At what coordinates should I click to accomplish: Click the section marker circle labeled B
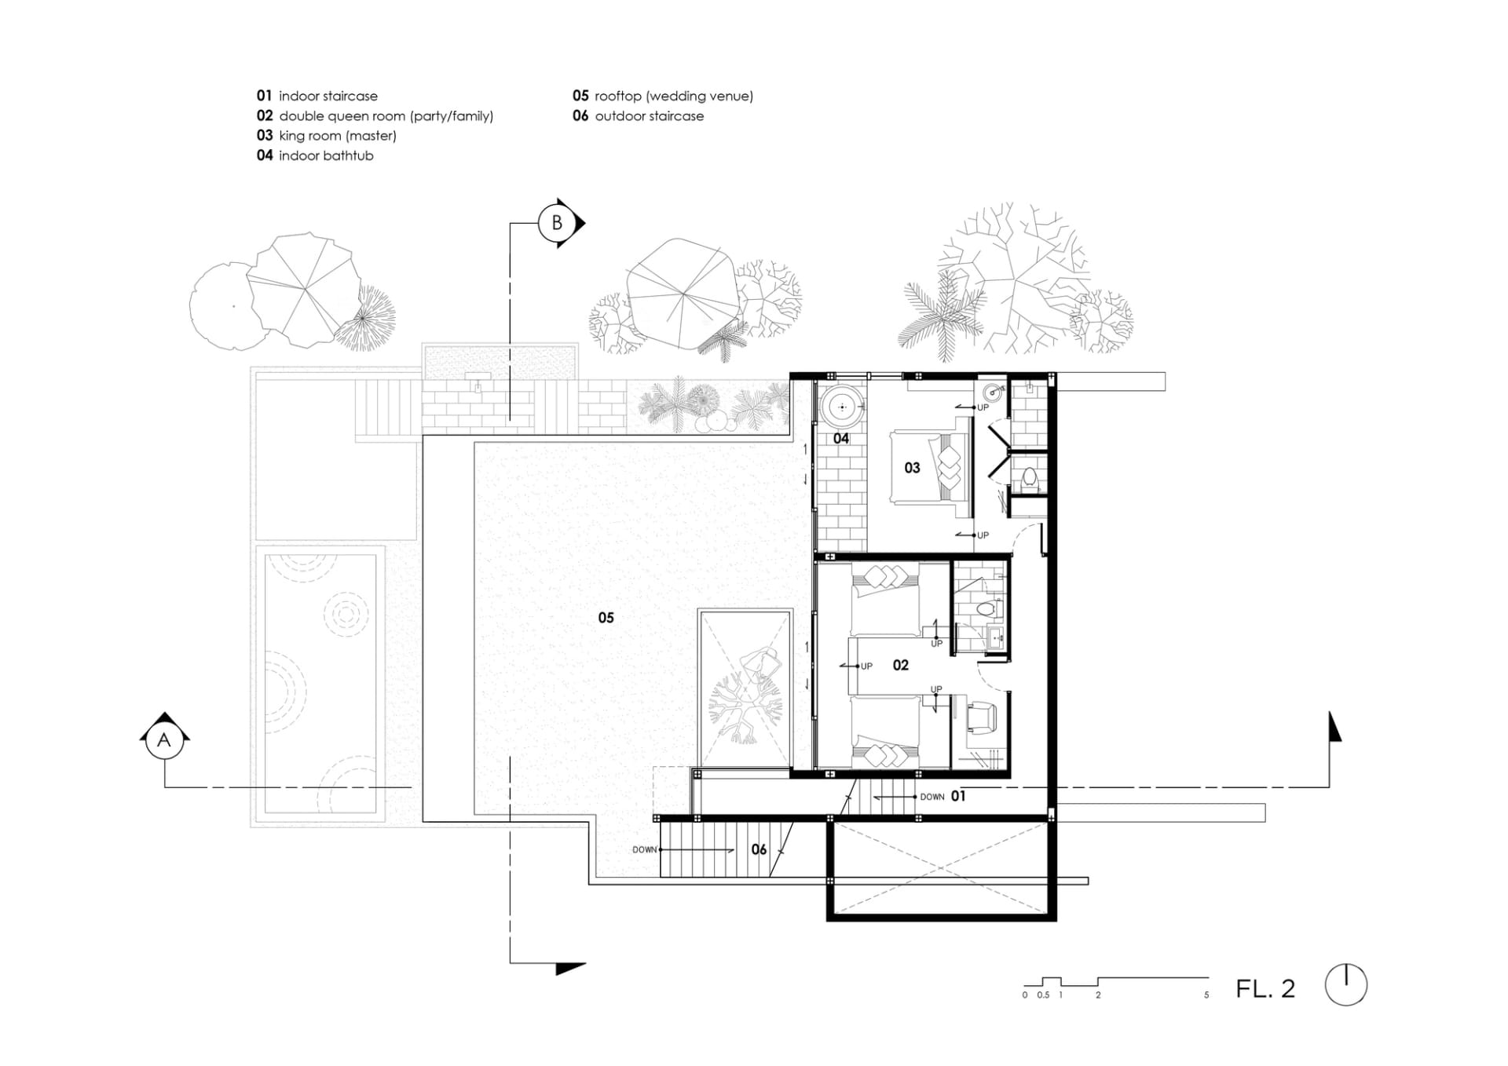pyautogui.click(x=557, y=223)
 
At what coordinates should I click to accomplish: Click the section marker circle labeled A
pyautogui.click(x=164, y=739)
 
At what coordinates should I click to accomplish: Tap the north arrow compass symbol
pyautogui.click(x=1346, y=984)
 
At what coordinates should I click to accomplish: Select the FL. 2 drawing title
pyautogui.click(x=1265, y=988)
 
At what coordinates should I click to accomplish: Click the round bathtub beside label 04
pyautogui.click(x=843, y=407)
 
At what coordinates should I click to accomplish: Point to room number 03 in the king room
pyautogui.click(x=912, y=468)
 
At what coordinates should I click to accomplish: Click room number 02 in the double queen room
pyautogui.click(x=901, y=666)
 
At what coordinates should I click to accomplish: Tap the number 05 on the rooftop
pyautogui.click(x=606, y=618)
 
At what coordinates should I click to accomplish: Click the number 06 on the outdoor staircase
pyautogui.click(x=759, y=849)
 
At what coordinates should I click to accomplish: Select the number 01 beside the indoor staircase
pyautogui.click(x=958, y=796)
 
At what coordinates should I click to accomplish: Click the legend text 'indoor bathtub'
pyautogui.click(x=326, y=155)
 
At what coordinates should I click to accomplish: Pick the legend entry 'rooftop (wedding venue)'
pyautogui.click(x=674, y=96)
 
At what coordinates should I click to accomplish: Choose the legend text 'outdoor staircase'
pyautogui.click(x=650, y=116)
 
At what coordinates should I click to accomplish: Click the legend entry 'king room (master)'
pyautogui.click(x=338, y=136)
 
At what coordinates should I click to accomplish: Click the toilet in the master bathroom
pyautogui.click(x=1030, y=478)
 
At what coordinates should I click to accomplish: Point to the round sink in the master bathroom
pyautogui.click(x=995, y=390)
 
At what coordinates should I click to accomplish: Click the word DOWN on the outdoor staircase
pyautogui.click(x=644, y=850)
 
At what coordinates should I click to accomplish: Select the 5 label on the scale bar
pyautogui.click(x=1206, y=995)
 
